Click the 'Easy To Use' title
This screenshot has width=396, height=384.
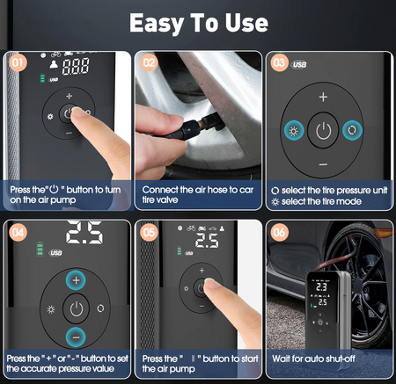click(198, 22)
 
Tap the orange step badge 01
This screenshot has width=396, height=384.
click(17, 63)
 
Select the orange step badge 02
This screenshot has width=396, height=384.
click(150, 63)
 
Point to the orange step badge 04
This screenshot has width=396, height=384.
click(17, 232)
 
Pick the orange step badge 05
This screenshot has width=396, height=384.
click(150, 232)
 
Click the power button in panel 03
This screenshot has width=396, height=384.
click(323, 130)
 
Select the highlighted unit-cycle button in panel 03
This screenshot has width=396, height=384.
click(353, 130)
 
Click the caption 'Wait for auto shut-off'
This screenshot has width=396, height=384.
click(315, 359)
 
